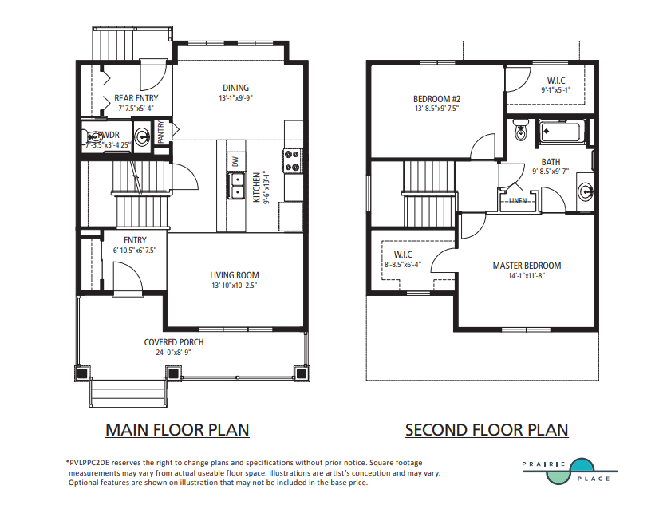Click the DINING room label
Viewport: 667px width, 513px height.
pyautogui.click(x=235, y=88)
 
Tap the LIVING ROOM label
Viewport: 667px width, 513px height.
pyautogui.click(x=235, y=275)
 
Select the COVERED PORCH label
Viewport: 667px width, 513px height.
pyautogui.click(x=174, y=342)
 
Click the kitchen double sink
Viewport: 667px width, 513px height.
pyautogui.click(x=236, y=187)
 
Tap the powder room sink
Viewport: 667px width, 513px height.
pyautogui.click(x=142, y=136)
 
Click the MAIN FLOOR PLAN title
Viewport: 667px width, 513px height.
pyautogui.click(x=177, y=430)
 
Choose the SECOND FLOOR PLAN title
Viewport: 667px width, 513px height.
pyautogui.click(x=487, y=430)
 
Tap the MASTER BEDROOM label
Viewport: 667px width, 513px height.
pyautogui.click(x=527, y=266)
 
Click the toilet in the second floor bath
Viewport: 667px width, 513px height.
pyautogui.click(x=521, y=130)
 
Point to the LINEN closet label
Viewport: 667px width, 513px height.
pyautogui.click(x=518, y=201)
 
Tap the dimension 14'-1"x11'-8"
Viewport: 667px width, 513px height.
pyautogui.click(x=527, y=276)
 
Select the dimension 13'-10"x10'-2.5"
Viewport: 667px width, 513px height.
pyautogui.click(x=235, y=285)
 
